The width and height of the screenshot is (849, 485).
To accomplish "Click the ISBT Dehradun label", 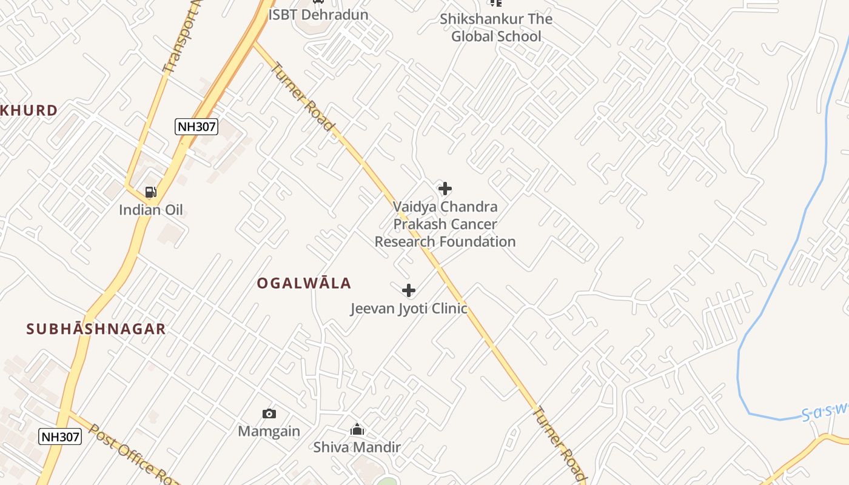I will [318, 14].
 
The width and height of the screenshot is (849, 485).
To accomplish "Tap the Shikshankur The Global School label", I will [496, 27].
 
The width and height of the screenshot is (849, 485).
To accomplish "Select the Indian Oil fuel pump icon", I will [150, 193].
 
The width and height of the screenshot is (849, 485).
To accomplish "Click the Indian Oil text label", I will [150, 210].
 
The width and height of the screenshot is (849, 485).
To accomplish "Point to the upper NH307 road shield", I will [196, 127].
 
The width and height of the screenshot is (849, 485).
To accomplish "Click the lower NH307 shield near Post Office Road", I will [60, 436].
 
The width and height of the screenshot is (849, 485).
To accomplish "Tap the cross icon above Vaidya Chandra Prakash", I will [445, 189].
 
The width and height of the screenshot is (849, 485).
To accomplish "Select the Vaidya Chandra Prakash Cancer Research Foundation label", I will [445, 224].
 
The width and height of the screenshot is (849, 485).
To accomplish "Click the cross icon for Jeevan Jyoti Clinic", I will [409, 290].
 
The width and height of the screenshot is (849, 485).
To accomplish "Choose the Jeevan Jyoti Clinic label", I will [409, 309].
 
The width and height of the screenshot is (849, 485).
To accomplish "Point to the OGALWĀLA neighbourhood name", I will [304, 283].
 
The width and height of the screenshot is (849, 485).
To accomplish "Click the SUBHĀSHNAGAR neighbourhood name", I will [96, 329].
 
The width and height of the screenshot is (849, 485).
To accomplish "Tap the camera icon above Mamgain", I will [269, 414].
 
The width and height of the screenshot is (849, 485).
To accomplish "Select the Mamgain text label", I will [269, 431].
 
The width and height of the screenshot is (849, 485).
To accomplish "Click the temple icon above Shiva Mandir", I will [357, 430].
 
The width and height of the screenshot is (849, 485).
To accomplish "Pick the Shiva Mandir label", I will [357, 447].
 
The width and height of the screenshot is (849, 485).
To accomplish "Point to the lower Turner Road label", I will [560, 444].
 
